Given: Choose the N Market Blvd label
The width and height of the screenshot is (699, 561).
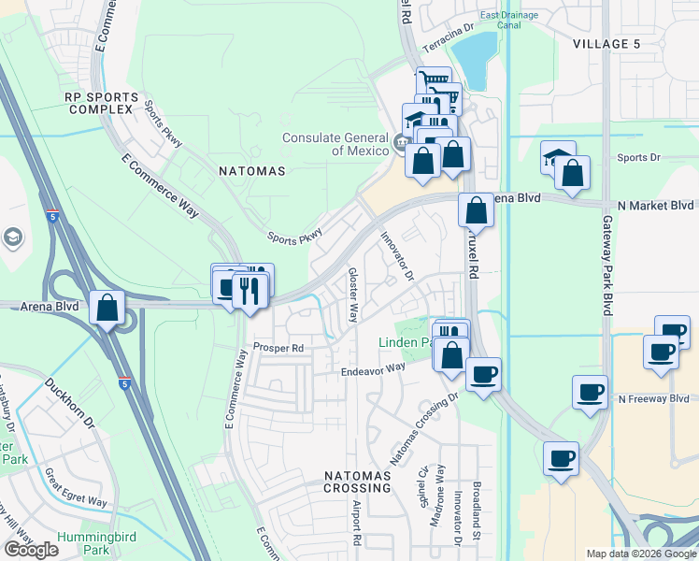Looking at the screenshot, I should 655,205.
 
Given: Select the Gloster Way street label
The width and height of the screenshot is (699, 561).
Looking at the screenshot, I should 353,295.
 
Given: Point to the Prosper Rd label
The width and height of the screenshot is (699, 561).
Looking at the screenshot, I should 278,348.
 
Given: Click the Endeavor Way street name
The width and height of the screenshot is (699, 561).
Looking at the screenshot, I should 372,368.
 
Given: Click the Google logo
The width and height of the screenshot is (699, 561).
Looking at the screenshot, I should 31,550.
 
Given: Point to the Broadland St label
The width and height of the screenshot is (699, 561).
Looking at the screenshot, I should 478,515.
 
